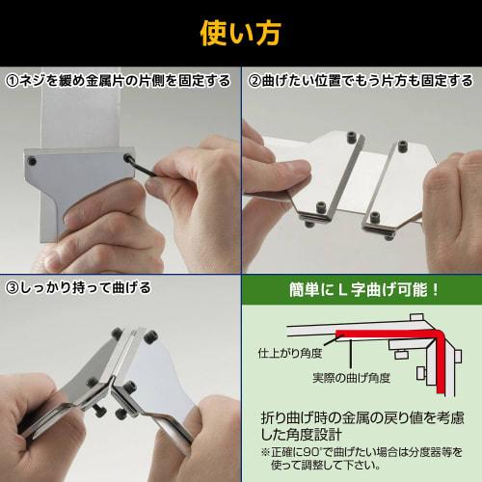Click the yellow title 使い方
[x=240, y=32]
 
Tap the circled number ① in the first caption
[x=13, y=80]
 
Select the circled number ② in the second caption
[x=253, y=80]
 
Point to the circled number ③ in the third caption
[x=13, y=287]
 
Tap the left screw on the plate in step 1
[x=35, y=161]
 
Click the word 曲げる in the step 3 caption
[x=127, y=287]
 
